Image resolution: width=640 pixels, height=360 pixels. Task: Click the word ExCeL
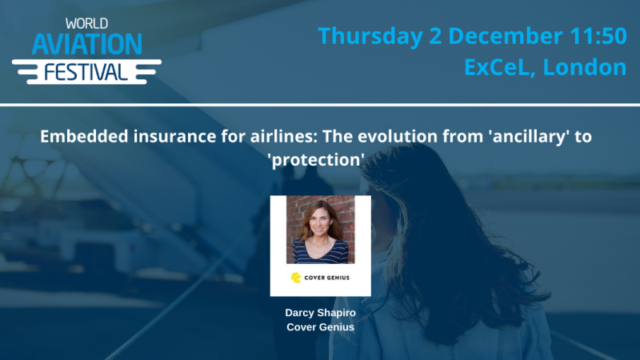(x=499, y=67)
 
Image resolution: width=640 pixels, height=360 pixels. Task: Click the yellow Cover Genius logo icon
(x=296, y=278)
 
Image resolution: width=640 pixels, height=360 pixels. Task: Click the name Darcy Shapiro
(x=320, y=311)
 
